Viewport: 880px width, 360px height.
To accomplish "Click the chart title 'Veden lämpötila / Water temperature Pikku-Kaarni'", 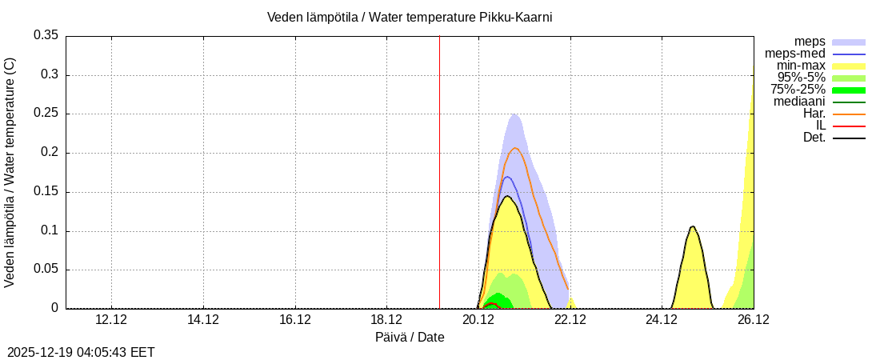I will point(410,17).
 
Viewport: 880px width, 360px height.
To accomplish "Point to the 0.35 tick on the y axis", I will point(46,35).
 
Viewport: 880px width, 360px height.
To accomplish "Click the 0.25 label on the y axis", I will point(46,114).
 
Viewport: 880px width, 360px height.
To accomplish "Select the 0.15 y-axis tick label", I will point(46,192).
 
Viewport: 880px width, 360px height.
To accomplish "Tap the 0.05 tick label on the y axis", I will point(46,270).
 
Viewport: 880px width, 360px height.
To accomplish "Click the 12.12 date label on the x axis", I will point(111,320).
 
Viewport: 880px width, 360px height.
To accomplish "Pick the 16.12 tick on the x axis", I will point(295,320).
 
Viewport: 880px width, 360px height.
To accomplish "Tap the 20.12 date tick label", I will point(478,320).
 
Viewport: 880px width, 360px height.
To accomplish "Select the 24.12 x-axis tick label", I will point(662,320).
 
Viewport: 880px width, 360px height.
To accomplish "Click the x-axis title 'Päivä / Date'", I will point(410,338).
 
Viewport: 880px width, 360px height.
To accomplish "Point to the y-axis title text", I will point(10,172).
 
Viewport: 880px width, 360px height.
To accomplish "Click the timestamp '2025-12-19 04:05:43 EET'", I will point(81,352).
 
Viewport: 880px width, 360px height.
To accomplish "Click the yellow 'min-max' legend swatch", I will point(849,66).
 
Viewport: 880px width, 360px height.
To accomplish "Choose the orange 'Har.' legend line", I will point(849,114).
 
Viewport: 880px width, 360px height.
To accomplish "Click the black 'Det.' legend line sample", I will point(849,138).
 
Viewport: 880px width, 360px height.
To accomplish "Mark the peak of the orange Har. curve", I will point(515,148).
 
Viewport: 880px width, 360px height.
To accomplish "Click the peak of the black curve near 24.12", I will point(692,226).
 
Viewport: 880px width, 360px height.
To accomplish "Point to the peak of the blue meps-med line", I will point(506,177).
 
